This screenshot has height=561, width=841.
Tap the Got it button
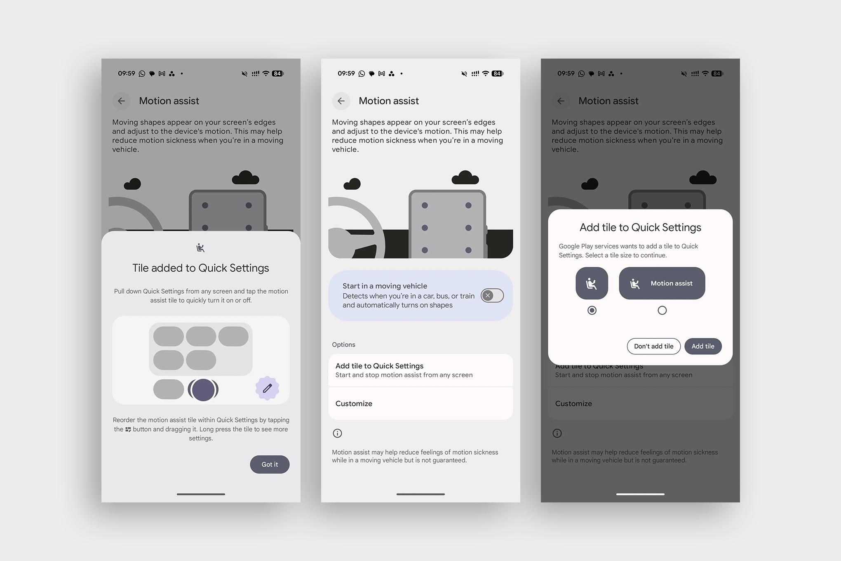pos(270,464)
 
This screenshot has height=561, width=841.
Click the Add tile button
pos(703,346)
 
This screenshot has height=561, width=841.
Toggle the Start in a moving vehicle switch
pos(492,295)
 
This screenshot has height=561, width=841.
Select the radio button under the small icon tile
pos(592,310)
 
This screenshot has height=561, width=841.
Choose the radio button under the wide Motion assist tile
pos(662,310)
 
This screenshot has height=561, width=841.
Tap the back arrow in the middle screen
pos(341,101)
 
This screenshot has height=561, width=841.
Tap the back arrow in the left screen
pos(121,101)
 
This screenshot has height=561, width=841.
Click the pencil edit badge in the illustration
pos(267,388)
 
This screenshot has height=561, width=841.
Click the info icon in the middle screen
pos(337,433)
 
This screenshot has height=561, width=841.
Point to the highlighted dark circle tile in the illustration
pos(203,390)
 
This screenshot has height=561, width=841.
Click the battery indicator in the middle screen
pos(498,73)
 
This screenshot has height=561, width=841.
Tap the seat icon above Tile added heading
pos(200,247)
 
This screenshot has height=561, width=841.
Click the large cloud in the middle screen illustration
pos(465,178)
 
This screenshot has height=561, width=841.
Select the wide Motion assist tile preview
pos(662,283)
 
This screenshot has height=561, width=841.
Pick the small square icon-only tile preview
pos(592,283)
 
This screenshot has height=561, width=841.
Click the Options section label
pos(343,344)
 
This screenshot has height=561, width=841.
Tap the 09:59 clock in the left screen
pos(127,73)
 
